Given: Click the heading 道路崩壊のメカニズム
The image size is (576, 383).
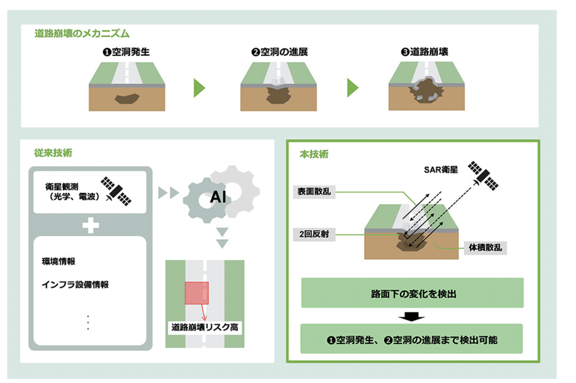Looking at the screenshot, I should (82, 34).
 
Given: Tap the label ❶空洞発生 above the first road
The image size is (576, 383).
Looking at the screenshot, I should (126, 52).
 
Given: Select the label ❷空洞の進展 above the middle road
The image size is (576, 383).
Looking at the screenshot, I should (279, 52).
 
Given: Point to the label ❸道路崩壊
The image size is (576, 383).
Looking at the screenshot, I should (424, 52).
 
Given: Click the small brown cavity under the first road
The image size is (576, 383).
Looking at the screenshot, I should (127, 99).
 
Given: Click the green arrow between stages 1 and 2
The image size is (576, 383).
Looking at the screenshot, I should (199, 88).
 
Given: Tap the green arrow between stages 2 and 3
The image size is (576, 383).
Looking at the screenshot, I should (352, 88).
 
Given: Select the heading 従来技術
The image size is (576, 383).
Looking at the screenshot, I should (53, 153).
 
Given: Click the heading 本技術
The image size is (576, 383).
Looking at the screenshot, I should (314, 154).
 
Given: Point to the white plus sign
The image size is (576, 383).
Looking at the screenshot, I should (90, 225).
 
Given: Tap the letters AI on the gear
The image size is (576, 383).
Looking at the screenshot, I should (218, 197).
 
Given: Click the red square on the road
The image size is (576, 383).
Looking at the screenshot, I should (197, 293).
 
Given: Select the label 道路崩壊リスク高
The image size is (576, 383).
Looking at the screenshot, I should (205, 327).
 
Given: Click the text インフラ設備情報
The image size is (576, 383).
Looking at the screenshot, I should (75, 284).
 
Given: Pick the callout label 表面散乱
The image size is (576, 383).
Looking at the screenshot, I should (314, 191).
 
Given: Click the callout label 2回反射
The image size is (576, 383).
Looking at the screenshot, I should (314, 234).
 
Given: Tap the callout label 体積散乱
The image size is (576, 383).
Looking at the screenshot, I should (485, 248).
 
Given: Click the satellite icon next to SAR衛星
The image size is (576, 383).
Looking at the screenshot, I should (483, 175).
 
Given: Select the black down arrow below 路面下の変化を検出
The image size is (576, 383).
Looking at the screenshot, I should (411, 317).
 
